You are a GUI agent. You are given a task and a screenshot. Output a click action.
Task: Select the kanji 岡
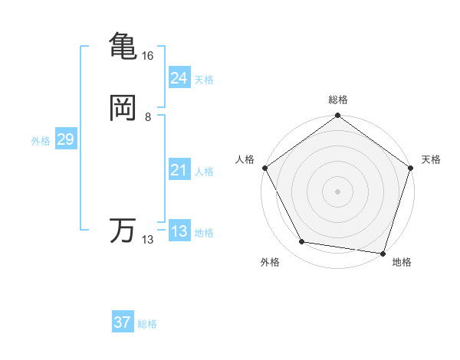point(123,108)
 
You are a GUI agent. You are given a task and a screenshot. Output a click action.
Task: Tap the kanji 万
point(123,231)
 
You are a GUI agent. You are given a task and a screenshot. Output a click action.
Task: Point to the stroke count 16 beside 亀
point(148,56)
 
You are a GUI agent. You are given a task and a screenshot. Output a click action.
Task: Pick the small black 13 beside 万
point(148,240)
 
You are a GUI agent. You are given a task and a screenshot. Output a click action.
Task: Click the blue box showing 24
point(179,77)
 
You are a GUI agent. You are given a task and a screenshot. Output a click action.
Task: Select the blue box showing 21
point(179,169)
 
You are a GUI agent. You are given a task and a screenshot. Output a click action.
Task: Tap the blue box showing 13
point(179,231)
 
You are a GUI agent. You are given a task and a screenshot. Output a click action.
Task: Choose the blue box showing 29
point(65,139)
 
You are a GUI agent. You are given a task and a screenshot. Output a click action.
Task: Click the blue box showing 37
point(122,322)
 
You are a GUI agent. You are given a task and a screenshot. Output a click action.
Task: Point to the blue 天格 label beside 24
point(204,80)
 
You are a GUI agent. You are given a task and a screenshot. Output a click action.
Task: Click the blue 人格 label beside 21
point(204,172)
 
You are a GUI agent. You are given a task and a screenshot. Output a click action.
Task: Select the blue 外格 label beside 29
point(41,141)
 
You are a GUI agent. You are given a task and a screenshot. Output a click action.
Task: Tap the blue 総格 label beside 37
point(147,325)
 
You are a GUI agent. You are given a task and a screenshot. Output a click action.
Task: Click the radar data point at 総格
point(337,116)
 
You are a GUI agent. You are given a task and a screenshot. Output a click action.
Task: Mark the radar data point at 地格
point(383,253)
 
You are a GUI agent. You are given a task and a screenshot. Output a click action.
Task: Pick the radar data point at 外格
point(302,243)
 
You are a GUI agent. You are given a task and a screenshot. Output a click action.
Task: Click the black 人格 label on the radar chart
point(245,159)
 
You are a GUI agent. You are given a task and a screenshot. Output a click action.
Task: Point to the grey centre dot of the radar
point(337,191)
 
